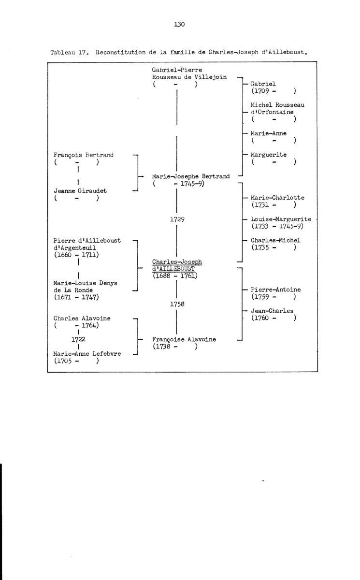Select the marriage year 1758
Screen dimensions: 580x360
(x=177, y=304)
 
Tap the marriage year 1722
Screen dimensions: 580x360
(x=78, y=339)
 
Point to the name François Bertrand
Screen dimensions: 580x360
(x=84, y=155)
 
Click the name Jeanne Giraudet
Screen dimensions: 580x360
(x=80, y=191)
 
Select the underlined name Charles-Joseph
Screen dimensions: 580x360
(x=177, y=262)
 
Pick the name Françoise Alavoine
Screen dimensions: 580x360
(x=184, y=339)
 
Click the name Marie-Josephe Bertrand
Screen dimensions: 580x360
(x=191, y=176)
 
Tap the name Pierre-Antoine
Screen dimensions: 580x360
(x=275, y=290)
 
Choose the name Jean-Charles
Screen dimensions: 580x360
(x=272, y=311)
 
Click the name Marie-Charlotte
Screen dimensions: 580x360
(x=277, y=197)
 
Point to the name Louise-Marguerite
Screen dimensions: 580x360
(x=281, y=219)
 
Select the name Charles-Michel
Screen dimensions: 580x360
(x=275, y=240)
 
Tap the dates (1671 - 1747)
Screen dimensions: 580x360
(x=77, y=297)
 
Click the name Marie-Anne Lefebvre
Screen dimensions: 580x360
(x=87, y=353)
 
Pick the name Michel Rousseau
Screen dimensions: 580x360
(x=277, y=104)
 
